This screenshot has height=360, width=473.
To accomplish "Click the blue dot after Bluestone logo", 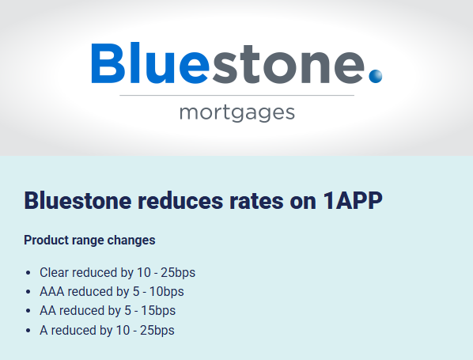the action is pos(376,76).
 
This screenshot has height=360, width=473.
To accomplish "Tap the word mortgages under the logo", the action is pos(237,113).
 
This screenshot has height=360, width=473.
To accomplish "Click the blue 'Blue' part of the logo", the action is pos(150,63).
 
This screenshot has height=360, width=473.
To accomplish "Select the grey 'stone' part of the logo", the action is pos(289,64).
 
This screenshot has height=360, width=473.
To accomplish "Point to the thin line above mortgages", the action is pos(236,96).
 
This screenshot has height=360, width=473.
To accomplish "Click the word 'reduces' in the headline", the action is pos(180,201).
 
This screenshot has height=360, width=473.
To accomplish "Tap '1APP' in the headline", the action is pos(353,201).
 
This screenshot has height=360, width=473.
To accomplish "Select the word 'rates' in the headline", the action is pos(256,202).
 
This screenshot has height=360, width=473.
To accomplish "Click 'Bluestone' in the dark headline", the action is pos(78,201).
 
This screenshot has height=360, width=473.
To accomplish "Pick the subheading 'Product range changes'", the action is pos(89,241).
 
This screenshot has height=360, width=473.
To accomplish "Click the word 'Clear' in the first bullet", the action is pos(55,272).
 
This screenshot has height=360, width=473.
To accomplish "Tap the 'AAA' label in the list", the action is pos(52,292).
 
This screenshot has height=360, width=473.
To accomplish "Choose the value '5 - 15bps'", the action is pos(150,311).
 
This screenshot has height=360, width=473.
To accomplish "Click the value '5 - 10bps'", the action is pos(158,292).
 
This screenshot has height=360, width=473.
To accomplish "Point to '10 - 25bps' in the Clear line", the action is pos(166,272).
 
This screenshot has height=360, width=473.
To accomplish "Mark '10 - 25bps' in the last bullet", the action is pos(145,331).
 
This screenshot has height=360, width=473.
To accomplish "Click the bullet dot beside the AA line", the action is pos(28,311).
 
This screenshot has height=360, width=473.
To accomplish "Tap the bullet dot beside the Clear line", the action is pos(28,273).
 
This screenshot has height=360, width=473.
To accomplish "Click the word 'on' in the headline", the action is pos(303,203).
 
